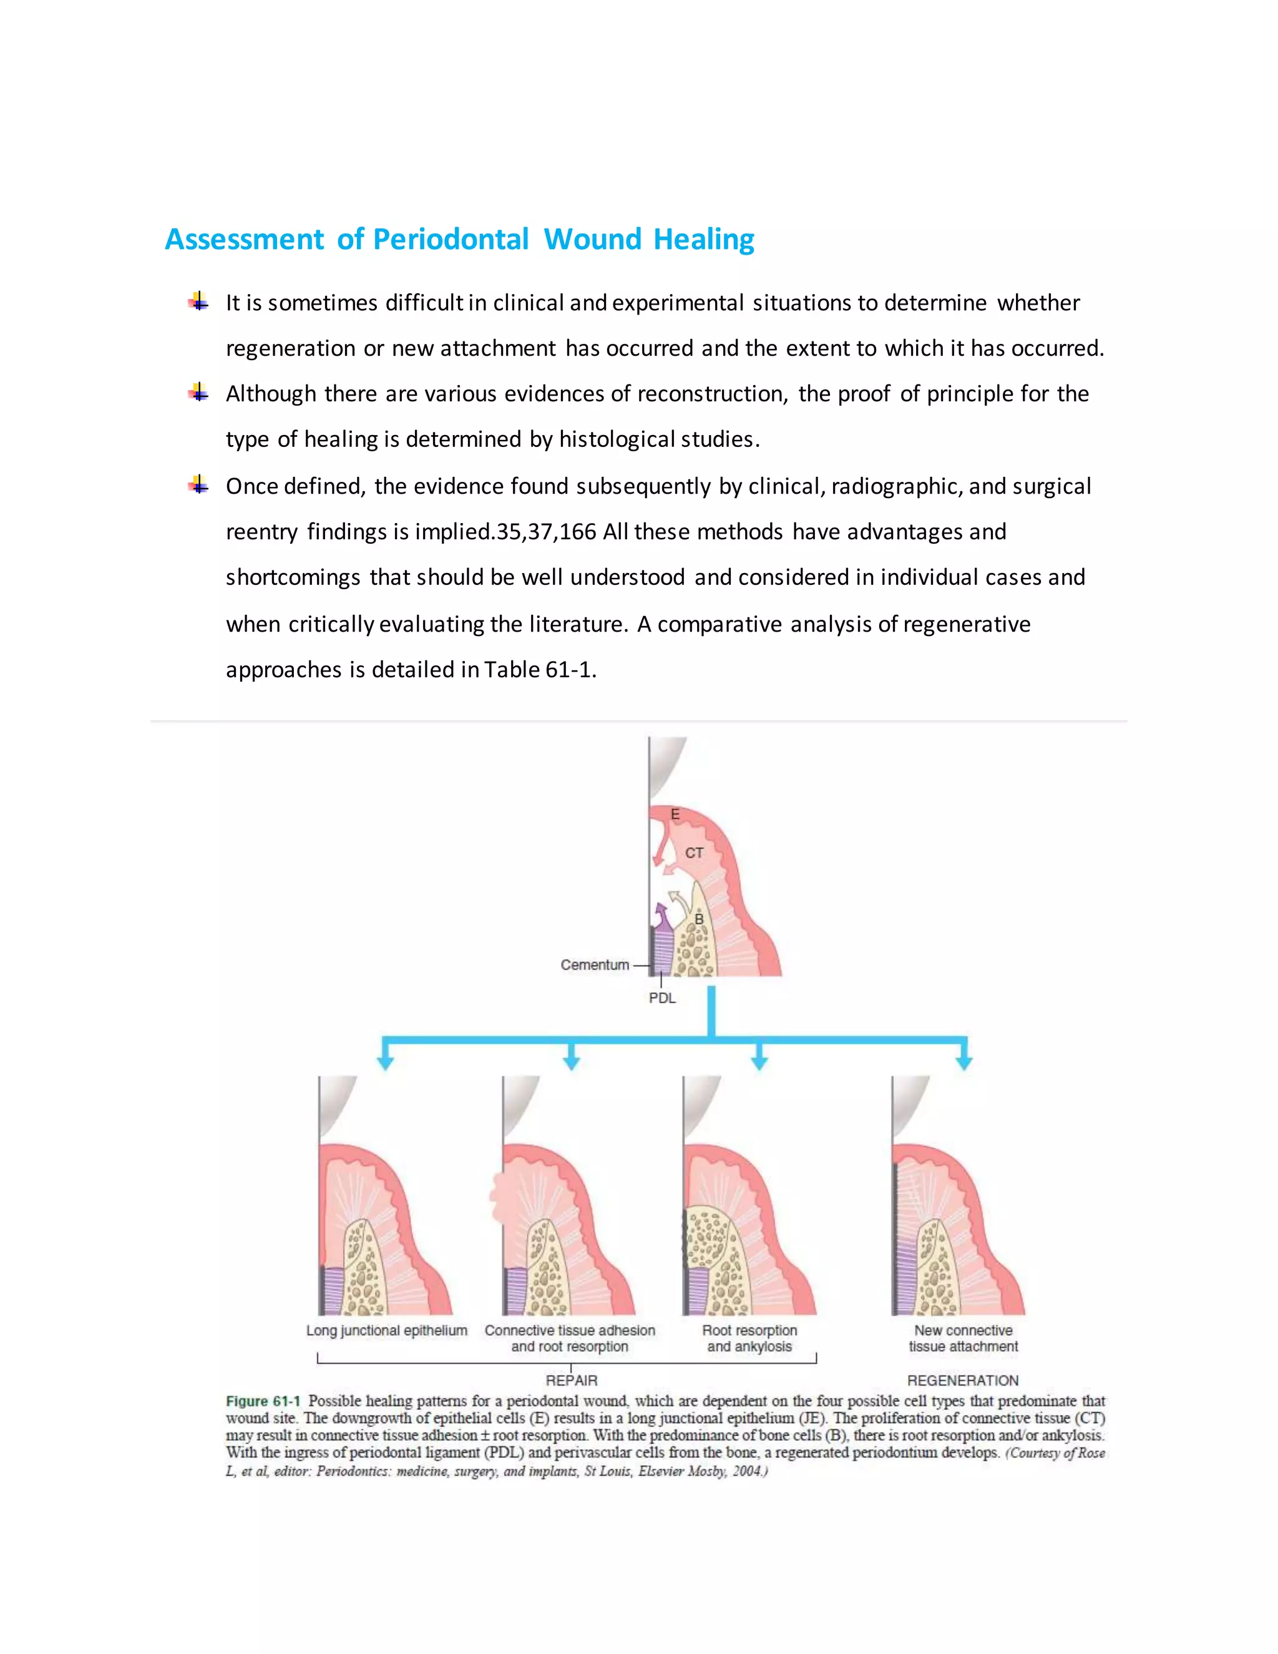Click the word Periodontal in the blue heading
click(x=451, y=239)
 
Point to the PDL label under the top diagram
click(x=661, y=998)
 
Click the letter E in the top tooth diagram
click(x=675, y=814)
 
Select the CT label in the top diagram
click(x=695, y=853)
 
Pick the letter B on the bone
click(x=700, y=919)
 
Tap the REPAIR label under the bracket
click(x=572, y=1380)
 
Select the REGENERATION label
click(x=963, y=1380)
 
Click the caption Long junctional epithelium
click(x=387, y=1331)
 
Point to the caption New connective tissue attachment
click(x=963, y=1338)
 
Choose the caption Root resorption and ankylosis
click(x=749, y=1338)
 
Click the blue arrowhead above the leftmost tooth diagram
click(x=386, y=1062)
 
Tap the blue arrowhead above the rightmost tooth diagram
click(x=963, y=1062)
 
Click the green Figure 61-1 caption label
click(x=263, y=1401)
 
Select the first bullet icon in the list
click(x=198, y=302)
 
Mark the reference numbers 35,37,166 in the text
click(x=546, y=532)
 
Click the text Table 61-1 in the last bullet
click(x=539, y=670)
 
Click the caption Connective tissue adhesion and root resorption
click(x=570, y=1338)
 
